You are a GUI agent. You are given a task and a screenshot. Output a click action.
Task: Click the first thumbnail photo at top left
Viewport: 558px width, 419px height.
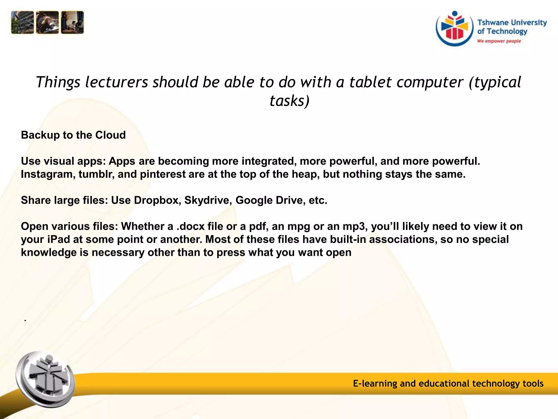[23, 23]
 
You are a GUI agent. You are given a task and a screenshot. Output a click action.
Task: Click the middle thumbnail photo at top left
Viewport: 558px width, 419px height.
[47, 23]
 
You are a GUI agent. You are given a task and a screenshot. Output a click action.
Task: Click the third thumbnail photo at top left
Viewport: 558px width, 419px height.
[72, 23]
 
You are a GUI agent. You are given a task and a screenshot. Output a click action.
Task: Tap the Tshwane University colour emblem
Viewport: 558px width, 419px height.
[454, 29]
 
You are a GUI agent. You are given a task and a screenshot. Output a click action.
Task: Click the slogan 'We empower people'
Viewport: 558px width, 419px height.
[499, 41]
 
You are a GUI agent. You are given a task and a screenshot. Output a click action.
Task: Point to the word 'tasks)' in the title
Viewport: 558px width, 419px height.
[289, 101]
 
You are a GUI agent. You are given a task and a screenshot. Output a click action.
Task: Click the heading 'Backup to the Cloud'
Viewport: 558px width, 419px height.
[73, 135]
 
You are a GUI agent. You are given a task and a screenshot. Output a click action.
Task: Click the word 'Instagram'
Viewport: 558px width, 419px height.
[48, 174]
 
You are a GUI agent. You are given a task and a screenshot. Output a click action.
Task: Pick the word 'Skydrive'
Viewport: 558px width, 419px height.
[208, 200]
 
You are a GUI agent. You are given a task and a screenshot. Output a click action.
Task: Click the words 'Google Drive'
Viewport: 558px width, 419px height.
[270, 200]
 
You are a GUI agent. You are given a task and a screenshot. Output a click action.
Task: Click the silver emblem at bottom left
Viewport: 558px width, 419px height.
[45, 379]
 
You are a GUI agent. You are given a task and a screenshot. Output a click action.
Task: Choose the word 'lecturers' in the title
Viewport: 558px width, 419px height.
[116, 82]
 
